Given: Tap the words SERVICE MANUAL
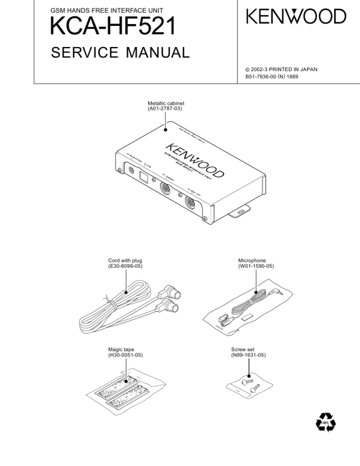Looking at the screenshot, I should (120, 53).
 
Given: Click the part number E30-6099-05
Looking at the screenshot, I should (125, 266).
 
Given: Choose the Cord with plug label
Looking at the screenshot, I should (125, 260).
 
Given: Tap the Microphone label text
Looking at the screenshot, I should (252, 260).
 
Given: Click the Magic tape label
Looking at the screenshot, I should (121, 350).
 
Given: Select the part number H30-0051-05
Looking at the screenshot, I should (125, 356).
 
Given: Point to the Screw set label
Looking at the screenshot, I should (244, 350).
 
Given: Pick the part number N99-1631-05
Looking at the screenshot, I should (248, 356).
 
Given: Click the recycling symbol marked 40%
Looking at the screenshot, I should (325, 422).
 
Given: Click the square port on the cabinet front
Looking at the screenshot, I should (144, 175).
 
